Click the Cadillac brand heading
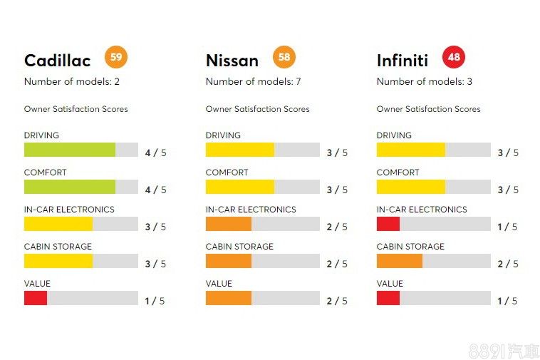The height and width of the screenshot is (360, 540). pos(58,61)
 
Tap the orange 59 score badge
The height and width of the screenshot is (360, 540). pos(116,56)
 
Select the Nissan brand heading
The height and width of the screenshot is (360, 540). pos(232,61)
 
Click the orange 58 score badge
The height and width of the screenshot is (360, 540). pos(284,56)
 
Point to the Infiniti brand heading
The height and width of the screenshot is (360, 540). pos(403,61)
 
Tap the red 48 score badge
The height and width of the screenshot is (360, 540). pos(453,56)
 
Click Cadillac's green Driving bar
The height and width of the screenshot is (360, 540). pos(70,150)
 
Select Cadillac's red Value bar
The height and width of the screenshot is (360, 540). pos(36,298)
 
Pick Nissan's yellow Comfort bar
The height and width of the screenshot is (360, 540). pos(239,187)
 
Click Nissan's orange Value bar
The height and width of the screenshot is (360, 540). pos(228,298)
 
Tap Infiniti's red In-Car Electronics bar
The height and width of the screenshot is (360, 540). pos(388,224)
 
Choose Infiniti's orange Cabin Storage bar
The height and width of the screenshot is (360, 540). pos(399,261)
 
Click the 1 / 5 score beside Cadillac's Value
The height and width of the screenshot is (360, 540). pos(155,301)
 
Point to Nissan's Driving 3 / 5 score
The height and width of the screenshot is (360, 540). pos(337,153)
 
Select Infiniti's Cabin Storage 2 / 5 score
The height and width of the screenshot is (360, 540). pos(508,264)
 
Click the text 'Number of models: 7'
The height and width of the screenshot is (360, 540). pos(253,81)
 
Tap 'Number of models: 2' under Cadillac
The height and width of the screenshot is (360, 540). pos(71,81)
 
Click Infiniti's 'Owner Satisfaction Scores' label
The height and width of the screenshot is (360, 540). pos(428,109)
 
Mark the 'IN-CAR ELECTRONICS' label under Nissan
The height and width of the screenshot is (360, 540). pos(251,210)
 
